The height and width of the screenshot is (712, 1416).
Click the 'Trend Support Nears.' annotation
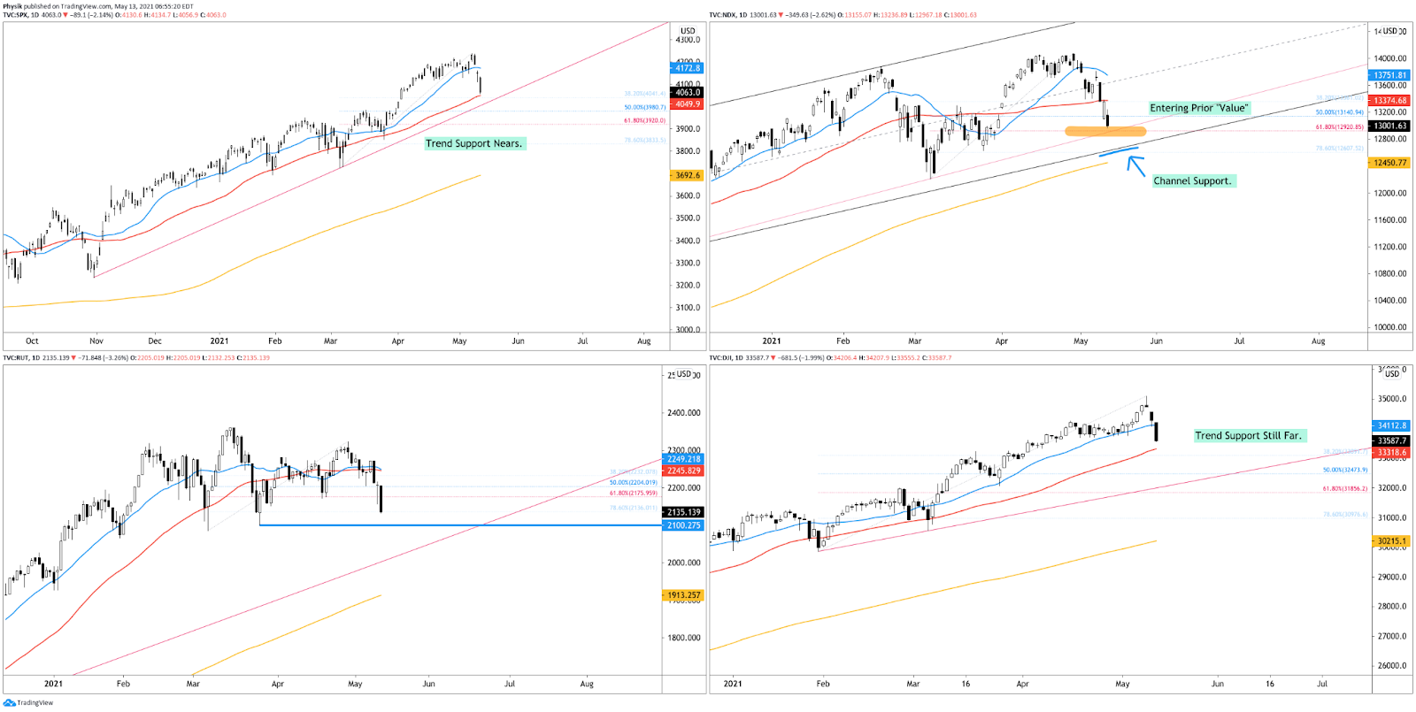click(474, 143)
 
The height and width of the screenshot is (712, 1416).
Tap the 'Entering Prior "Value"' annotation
click(1198, 108)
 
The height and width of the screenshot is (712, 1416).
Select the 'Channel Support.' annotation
click(1192, 180)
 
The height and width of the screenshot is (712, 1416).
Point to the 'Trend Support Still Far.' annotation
click(1248, 435)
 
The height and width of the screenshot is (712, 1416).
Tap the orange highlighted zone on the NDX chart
click(1104, 132)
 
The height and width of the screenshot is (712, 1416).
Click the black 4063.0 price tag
click(687, 92)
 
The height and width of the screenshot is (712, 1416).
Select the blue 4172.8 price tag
click(687, 68)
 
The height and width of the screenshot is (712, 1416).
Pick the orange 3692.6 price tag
click(687, 175)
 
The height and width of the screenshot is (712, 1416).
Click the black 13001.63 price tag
click(1389, 126)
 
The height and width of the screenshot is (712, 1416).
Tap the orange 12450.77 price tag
click(1389, 163)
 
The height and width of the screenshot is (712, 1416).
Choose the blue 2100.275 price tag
click(683, 525)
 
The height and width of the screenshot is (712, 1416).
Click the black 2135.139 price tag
click(683, 512)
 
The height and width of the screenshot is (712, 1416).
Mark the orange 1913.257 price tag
click(683, 595)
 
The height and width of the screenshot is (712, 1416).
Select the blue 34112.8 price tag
click(1391, 425)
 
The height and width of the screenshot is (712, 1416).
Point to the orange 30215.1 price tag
click(1391, 541)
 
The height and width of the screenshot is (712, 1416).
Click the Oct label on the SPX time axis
click(32, 341)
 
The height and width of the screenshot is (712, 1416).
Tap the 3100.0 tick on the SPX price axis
click(688, 308)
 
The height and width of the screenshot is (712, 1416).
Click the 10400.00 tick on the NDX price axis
click(1389, 301)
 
